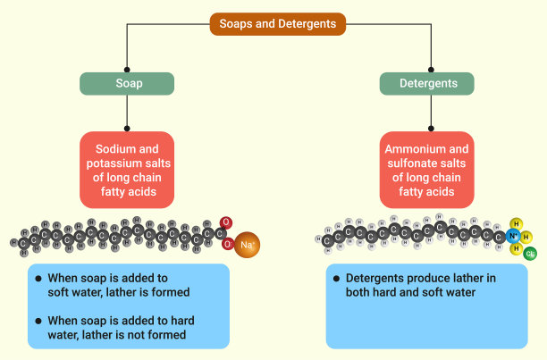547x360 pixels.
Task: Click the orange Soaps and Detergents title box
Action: (278, 24)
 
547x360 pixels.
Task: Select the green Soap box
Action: (127, 84)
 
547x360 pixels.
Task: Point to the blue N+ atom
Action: (513, 237)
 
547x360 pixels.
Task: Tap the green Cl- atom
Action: (531, 255)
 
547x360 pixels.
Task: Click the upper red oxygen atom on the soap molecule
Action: (226, 222)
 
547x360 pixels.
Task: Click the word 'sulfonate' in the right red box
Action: (413, 163)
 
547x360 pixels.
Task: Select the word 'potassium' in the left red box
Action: (119, 163)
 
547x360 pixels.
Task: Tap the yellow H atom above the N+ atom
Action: (516, 223)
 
